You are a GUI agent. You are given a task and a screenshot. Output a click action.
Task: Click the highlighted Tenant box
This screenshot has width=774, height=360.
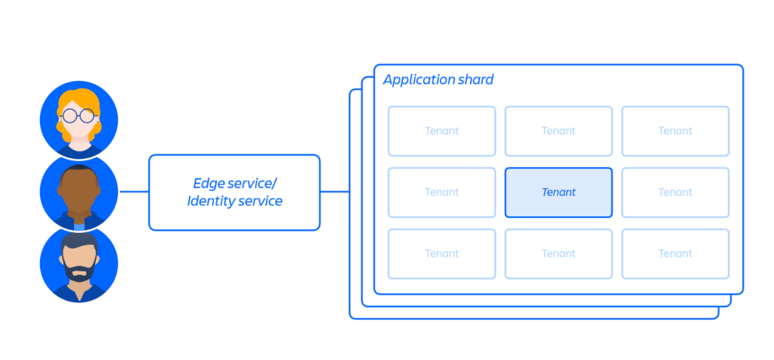(x=559, y=192)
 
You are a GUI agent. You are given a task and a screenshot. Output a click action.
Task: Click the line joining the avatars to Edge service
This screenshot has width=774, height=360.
(x=134, y=192)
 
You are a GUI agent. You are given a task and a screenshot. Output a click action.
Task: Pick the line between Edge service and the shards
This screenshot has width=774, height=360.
(x=334, y=192)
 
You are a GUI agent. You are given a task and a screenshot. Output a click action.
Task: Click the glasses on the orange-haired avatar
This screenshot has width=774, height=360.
(x=79, y=116)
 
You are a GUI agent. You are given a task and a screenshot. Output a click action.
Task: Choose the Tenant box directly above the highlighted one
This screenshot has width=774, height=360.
(x=559, y=131)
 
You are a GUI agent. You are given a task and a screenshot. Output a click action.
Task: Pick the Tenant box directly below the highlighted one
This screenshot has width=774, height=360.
(x=559, y=253)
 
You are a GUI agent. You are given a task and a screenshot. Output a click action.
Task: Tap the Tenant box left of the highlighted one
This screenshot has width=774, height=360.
(x=441, y=192)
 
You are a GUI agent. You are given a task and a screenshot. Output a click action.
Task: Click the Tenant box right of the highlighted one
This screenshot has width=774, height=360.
(x=675, y=192)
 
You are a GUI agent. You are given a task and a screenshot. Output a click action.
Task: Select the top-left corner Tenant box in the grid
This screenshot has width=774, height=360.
(x=441, y=131)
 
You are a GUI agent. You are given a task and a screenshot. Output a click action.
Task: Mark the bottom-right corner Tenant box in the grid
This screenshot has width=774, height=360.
(x=675, y=253)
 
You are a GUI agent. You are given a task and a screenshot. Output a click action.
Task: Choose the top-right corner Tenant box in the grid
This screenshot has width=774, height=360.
(x=675, y=131)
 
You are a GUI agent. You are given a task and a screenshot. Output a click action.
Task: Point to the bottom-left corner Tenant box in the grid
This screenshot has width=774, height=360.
(x=441, y=253)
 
